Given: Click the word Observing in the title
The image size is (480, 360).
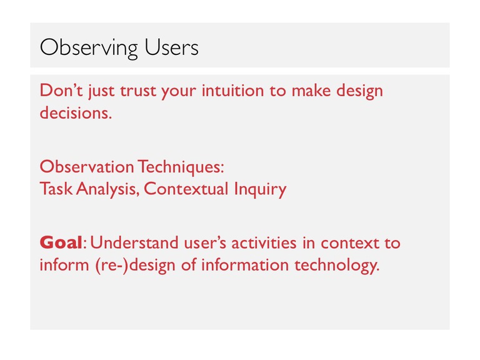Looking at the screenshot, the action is click(89, 48).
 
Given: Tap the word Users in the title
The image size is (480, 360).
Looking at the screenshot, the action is click(171, 47).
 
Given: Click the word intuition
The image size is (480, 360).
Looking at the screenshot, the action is click(232, 90).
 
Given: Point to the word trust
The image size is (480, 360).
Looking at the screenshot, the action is click(138, 91).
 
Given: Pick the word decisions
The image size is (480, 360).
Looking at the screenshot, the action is click(76, 112).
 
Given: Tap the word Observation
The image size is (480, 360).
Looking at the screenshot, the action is click(87, 166).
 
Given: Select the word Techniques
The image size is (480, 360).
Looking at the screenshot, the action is click(181, 167).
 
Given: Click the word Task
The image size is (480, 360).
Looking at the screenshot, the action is click(56, 188).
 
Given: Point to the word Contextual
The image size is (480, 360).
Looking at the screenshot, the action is click(186, 188).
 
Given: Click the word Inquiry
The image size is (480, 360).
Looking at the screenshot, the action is click(260, 189).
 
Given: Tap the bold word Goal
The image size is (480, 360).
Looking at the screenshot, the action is click(61, 242).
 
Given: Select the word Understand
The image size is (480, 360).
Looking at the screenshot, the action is click(134, 242).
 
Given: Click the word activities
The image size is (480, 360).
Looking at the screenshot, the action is click(264, 242).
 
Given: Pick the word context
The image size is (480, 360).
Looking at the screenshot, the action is click(350, 243).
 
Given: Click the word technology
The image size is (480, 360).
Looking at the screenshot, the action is click(337, 265).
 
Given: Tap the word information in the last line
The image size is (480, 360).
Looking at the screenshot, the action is click(245, 264).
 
